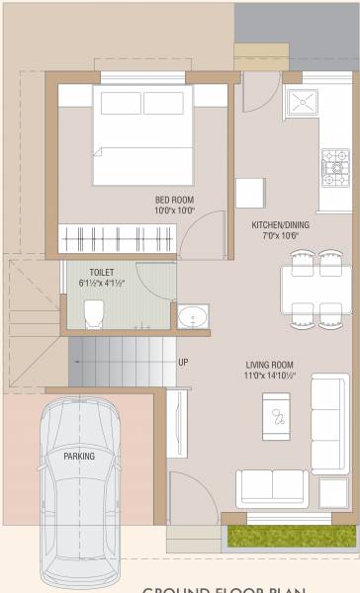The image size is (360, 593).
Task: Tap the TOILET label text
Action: point(101,272)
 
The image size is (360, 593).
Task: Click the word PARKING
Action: point(79,457)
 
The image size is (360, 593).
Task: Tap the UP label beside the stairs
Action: point(183,362)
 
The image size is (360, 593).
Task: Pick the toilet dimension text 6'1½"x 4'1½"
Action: point(101,284)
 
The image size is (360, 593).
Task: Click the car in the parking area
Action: point(78,484)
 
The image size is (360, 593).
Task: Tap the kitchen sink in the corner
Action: point(302,102)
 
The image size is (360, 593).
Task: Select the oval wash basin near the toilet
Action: point(191,318)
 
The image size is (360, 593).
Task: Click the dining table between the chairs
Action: point(316,288)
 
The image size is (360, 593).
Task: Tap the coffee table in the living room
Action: point(279,416)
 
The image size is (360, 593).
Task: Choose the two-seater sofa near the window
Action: point(272,486)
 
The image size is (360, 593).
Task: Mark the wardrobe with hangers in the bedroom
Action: point(117,238)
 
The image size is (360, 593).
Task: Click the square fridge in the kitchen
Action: point(249,192)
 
